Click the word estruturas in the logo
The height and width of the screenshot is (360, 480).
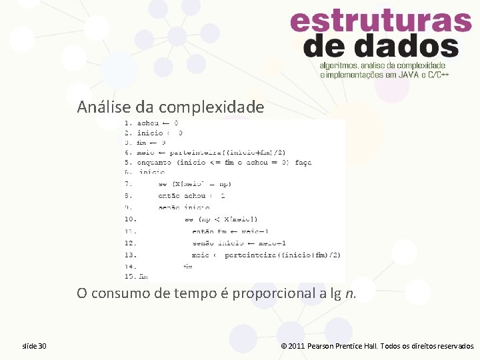(x=381, y=23)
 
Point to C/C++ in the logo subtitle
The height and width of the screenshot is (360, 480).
(x=437, y=75)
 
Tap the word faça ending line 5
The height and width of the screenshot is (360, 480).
(x=303, y=162)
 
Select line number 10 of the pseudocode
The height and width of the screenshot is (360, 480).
(x=130, y=219)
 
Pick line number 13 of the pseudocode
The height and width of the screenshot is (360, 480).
(x=130, y=255)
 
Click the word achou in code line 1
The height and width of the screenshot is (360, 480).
(x=148, y=123)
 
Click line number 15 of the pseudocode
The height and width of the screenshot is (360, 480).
(x=130, y=276)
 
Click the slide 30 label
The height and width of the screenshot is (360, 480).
(x=34, y=346)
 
